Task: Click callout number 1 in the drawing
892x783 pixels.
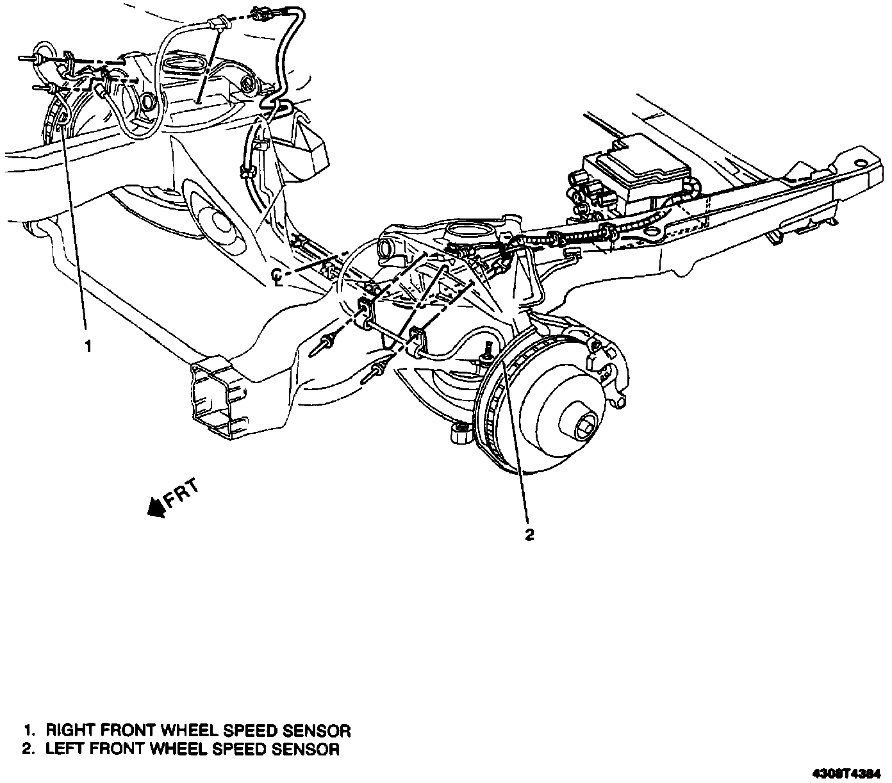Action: (88, 347)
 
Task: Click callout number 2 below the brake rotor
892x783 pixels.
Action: (529, 535)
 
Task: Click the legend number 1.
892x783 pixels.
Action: (28, 730)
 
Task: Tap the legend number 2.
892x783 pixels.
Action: (28, 749)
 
